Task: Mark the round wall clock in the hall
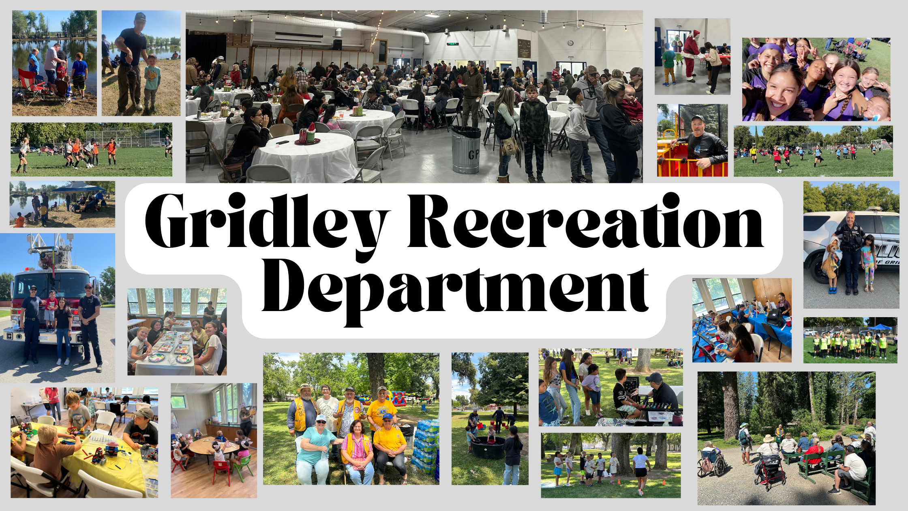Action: [x=571, y=43]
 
